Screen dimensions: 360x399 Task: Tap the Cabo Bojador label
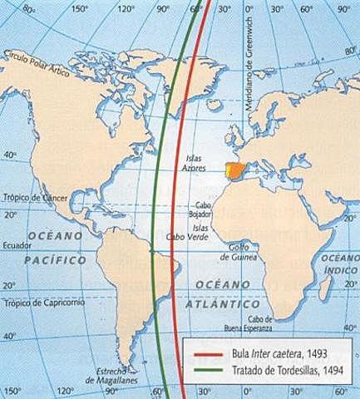(207, 209)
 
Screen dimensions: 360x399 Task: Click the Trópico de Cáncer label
(34, 196)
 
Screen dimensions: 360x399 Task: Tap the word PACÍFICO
(57, 260)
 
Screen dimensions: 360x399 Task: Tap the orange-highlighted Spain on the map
(236, 173)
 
